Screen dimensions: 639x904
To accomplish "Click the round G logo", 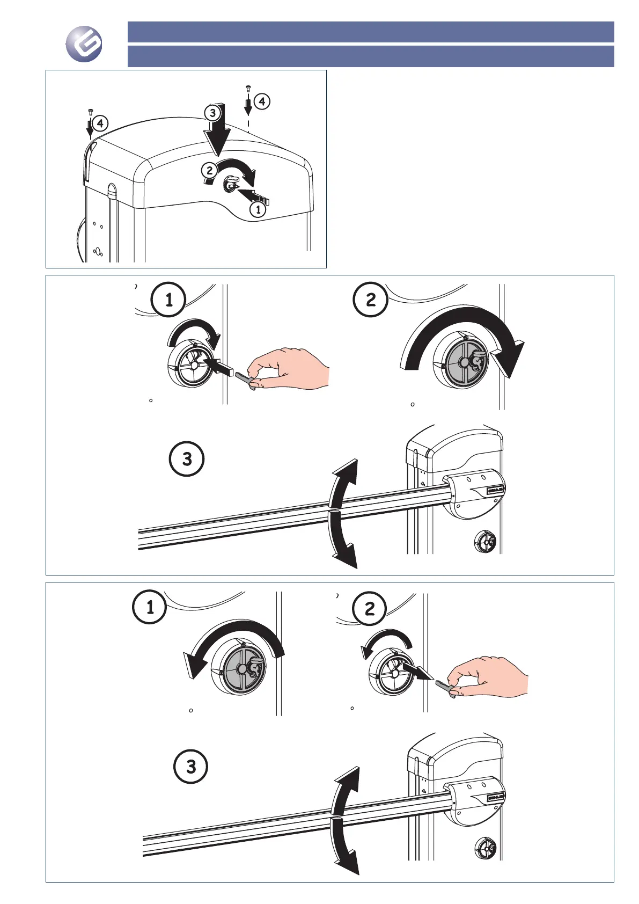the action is click(x=84, y=44).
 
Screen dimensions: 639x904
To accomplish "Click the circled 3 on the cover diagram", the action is click(x=213, y=113).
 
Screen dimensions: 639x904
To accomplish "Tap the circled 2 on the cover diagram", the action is click(x=210, y=171).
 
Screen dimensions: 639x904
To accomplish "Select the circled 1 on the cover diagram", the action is click(x=258, y=209).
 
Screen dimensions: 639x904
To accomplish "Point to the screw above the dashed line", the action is click(x=248, y=88).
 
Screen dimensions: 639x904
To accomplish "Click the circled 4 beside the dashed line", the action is click(x=262, y=101).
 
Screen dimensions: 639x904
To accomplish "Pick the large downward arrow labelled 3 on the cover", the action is click(x=219, y=134).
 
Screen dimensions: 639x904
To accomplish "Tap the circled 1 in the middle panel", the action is click(x=169, y=300).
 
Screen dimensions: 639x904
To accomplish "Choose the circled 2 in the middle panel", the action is click(x=370, y=300).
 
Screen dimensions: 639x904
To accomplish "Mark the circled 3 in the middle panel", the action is click(x=187, y=460).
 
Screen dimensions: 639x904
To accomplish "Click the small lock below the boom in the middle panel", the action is click(x=486, y=542).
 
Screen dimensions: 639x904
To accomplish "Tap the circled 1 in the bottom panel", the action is click(x=150, y=607).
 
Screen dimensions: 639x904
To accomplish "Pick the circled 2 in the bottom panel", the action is click(x=370, y=609).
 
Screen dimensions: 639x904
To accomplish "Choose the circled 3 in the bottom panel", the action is click(x=191, y=767).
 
